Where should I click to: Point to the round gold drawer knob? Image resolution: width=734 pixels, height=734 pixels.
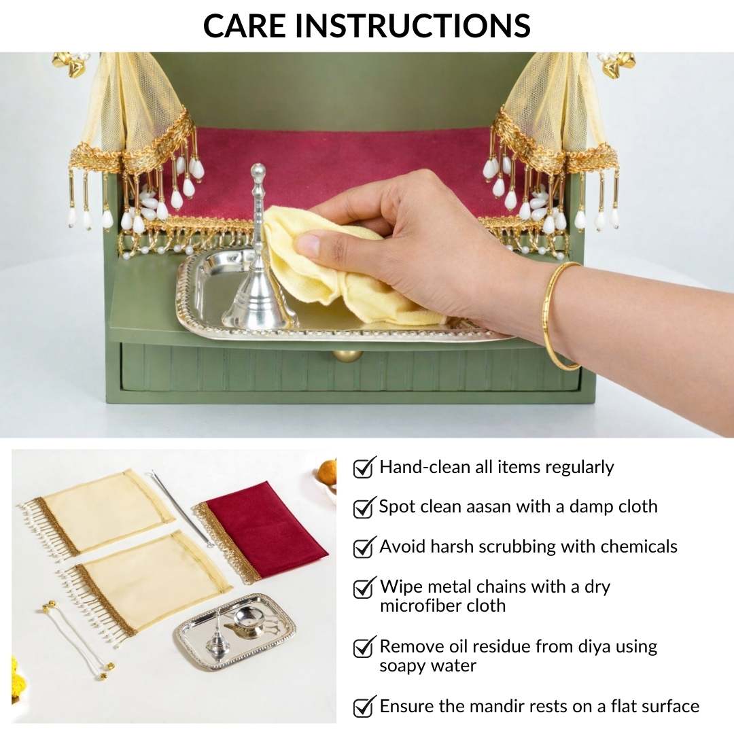coord(347,355)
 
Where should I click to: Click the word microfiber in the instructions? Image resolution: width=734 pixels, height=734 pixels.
coord(416,606)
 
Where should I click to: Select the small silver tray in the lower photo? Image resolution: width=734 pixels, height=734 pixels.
coord(235,628)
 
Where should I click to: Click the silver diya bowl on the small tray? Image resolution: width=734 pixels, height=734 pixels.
coord(248,621)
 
